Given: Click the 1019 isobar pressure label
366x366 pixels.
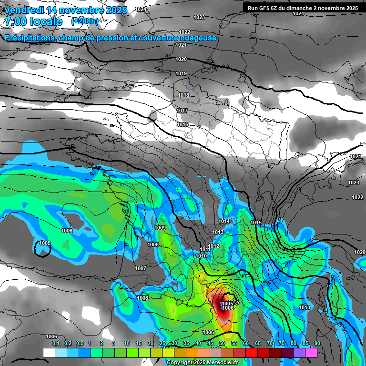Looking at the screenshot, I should [x=181, y=73].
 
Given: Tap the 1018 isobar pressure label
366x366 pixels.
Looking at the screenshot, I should [x=183, y=95].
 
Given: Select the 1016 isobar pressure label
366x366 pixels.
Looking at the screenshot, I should [x=183, y=124].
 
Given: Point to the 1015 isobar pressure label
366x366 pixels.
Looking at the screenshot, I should [x=256, y=223].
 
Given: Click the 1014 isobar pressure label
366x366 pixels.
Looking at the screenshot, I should [x=224, y=221].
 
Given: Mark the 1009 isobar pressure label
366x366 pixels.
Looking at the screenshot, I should [x=161, y=228].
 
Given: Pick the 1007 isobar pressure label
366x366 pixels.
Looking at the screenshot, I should [x=141, y=268].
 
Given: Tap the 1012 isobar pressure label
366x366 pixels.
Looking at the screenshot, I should [x=213, y=246].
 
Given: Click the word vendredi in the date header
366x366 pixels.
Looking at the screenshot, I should [x=25, y=10].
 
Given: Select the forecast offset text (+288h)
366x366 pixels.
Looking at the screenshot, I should [x=84, y=21].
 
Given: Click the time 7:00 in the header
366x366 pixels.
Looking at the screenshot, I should [x=15, y=21].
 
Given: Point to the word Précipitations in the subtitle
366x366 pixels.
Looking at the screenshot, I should [x=29, y=38].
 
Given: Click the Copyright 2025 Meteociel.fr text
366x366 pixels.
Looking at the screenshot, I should [x=203, y=363].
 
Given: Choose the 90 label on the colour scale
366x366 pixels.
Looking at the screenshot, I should [x=317, y=343].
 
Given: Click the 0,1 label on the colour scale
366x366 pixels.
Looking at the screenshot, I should [x=55, y=343].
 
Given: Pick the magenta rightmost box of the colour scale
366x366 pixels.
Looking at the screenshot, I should [x=311, y=353].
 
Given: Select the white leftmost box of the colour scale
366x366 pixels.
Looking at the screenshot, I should [x=49, y=353].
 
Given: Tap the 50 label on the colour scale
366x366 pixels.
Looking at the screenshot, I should [x=222, y=343].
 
